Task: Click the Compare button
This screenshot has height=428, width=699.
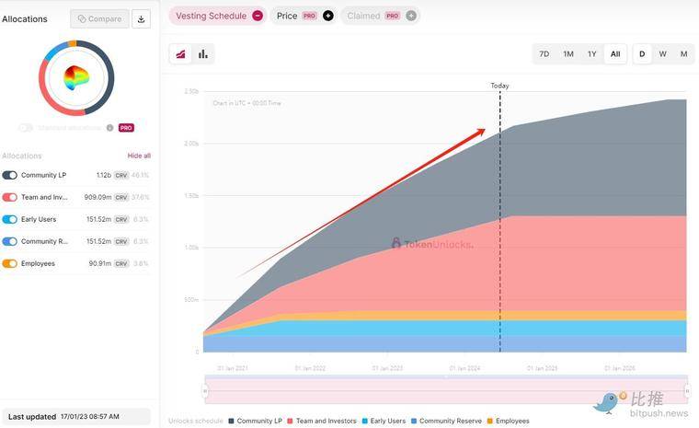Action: coord(99,18)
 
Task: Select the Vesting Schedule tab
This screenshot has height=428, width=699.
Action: coord(211,16)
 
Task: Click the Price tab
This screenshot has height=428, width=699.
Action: coord(287,16)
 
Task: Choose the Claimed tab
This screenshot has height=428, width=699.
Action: coord(364,16)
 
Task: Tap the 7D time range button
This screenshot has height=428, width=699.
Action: coord(544,54)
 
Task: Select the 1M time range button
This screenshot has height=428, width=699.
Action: coord(568,54)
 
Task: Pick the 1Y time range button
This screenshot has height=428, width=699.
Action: coord(591,54)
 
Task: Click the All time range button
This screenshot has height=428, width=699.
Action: coord(615,54)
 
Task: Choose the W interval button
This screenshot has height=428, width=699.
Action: coord(662,54)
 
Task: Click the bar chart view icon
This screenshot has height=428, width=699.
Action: coord(202,54)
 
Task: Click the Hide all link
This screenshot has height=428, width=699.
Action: coord(139,156)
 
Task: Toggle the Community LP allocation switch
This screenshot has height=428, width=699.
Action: coord(10,175)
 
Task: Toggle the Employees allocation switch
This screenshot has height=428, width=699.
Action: coord(10,263)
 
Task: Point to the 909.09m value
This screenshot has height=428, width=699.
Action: coord(97,197)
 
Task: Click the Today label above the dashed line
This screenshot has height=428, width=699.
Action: coord(499,86)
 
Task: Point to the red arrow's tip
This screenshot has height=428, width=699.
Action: coord(485,131)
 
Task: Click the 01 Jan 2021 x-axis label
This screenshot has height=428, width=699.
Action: coord(233,368)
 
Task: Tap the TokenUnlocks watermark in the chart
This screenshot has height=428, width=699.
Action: coord(432,244)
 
